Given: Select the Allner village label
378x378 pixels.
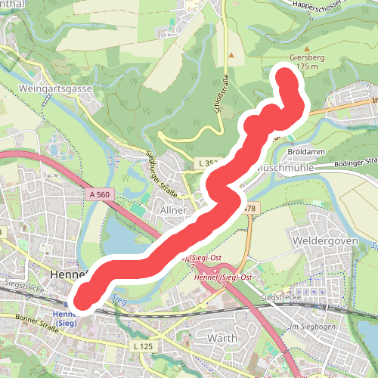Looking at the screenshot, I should click(x=174, y=209).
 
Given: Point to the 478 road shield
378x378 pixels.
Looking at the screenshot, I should click(x=250, y=207).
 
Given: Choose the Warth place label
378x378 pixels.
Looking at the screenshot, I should click(x=222, y=338).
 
